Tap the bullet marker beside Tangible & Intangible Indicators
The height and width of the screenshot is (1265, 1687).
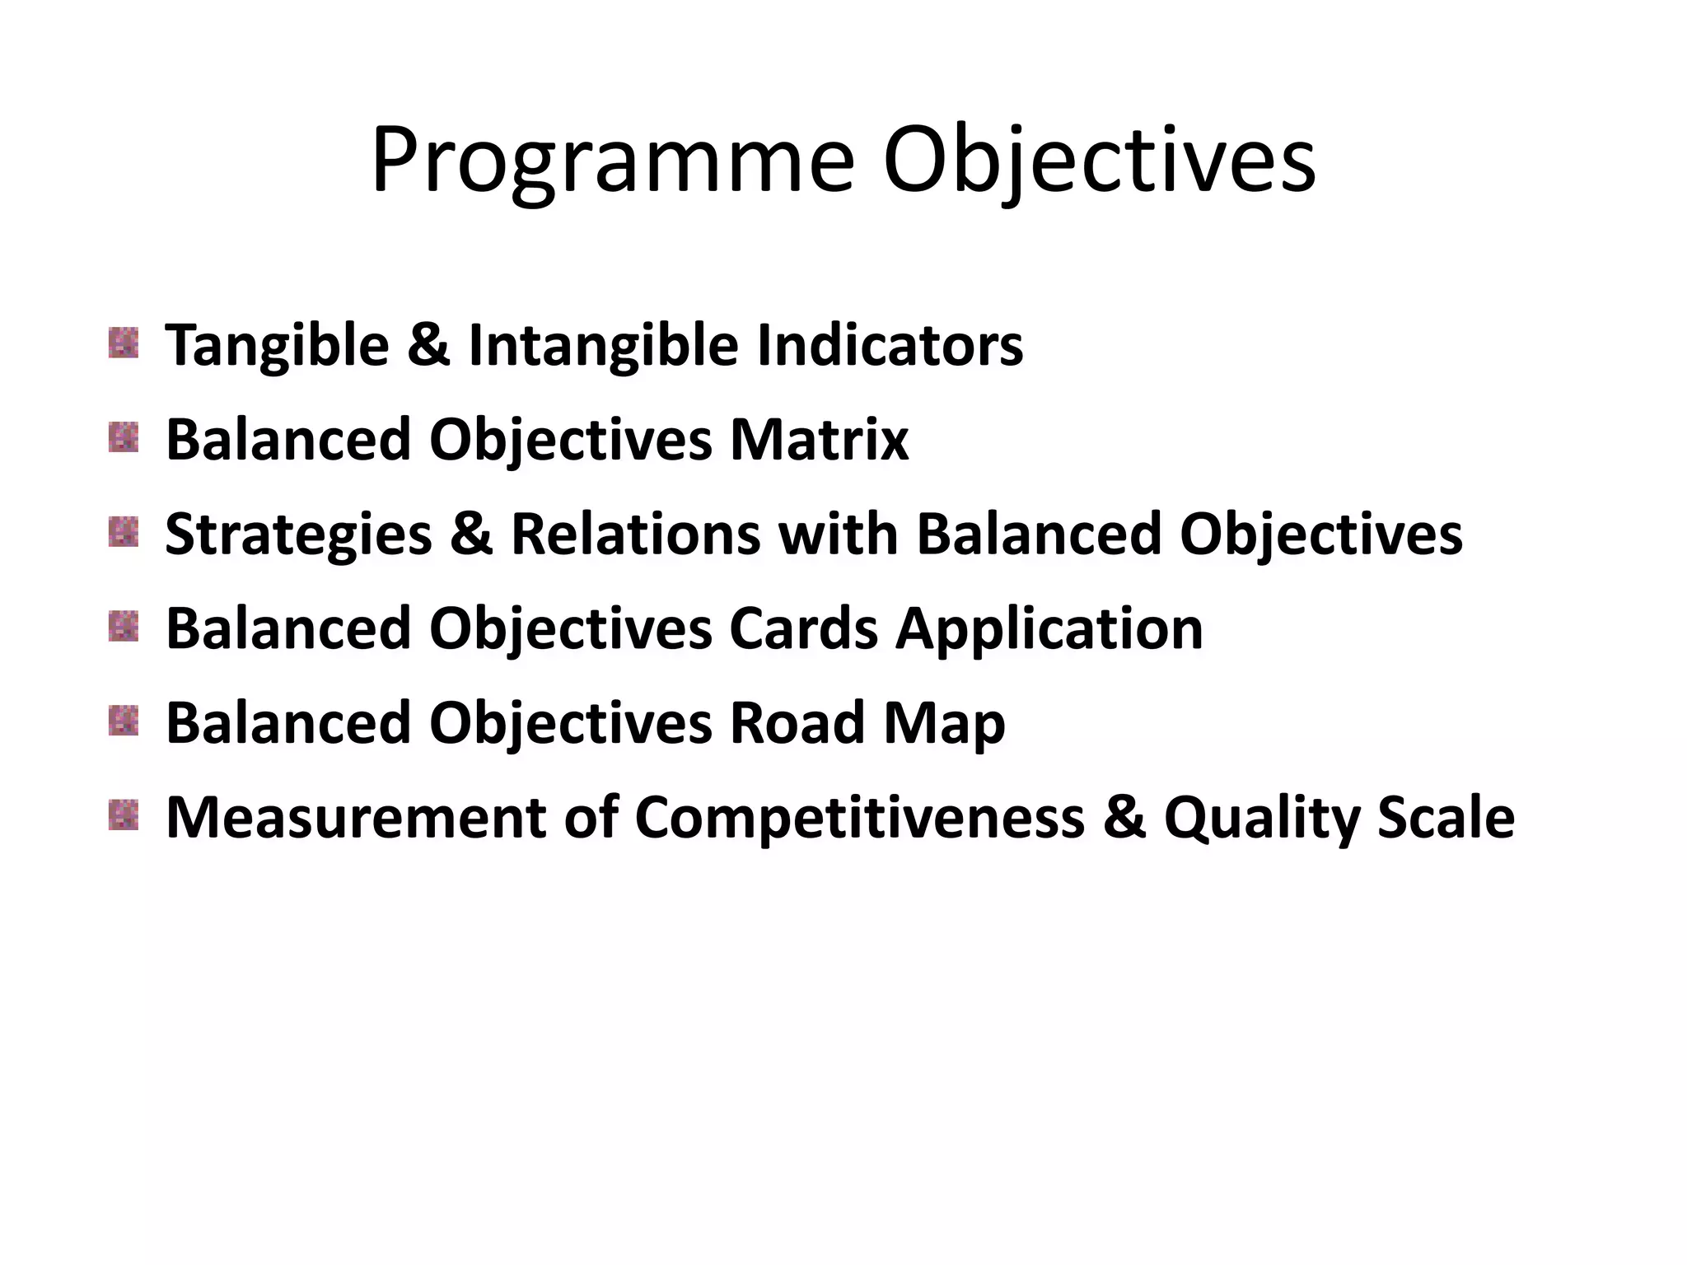coord(124,343)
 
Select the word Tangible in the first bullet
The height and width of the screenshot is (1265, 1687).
coord(277,345)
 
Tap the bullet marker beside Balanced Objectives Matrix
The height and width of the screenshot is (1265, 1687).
coord(124,437)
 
